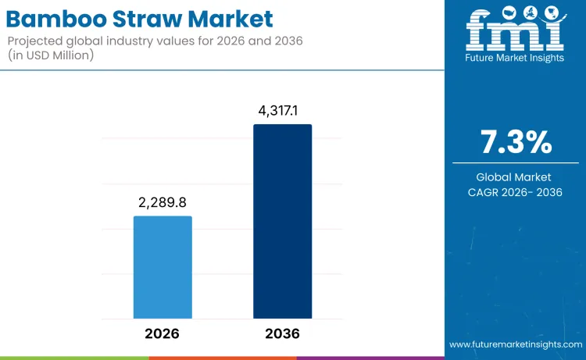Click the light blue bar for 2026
[163, 267]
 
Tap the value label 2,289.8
[163, 203]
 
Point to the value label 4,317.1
[282, 111]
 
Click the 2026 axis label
[163, 333]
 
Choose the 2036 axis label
[282, 333]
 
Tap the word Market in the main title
[231, 18]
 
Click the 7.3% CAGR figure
[516, 143]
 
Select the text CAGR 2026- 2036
[516, 192]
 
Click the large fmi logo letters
[515, 35]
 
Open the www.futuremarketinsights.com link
[516, 344]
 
